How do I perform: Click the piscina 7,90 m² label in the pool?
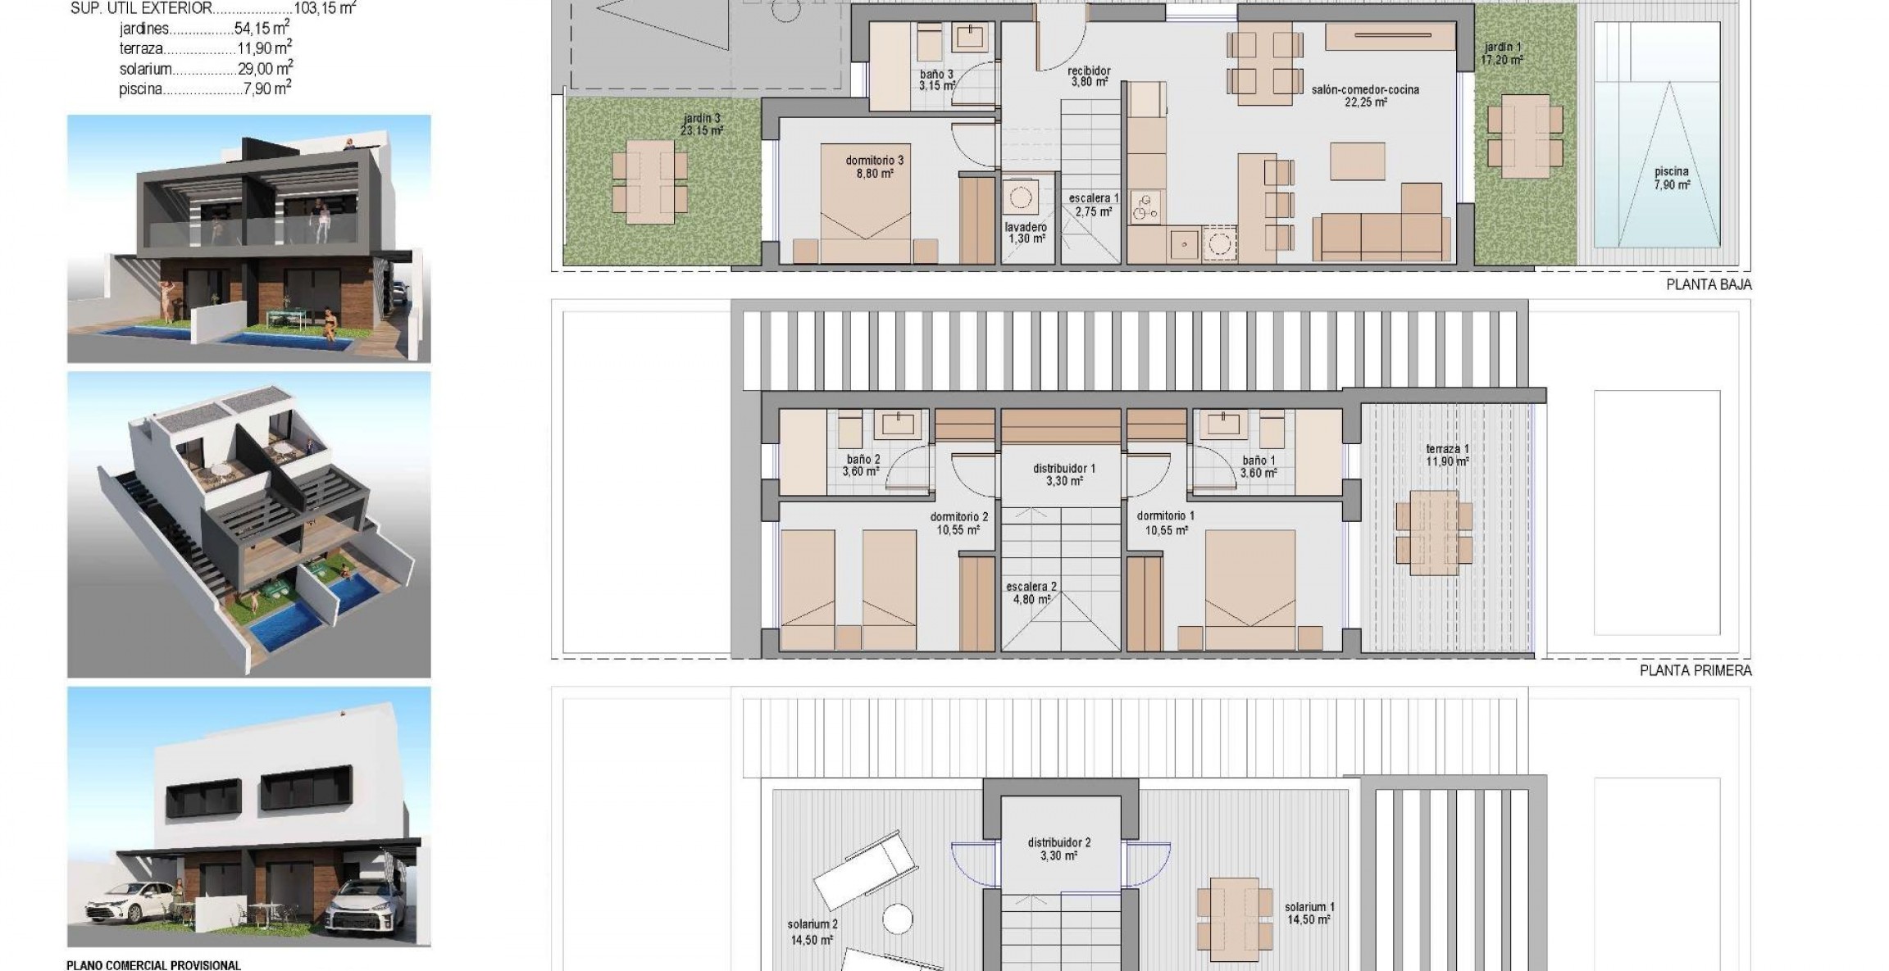click(1672, 179)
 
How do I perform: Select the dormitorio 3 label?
click(870, 167)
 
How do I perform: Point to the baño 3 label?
click(936, 79)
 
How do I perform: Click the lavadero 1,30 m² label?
click(1026, 233)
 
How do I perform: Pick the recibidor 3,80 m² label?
click(1090, 76)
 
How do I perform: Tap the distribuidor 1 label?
click(1064, 474)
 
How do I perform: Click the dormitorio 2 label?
click(959, 523)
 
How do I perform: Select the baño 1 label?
click(1259, 466)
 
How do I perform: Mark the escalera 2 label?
click(1032, 592)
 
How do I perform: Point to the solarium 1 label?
click(1309, 913)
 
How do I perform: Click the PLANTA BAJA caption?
click(1709, 285)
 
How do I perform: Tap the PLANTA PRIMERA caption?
click(1696, 670)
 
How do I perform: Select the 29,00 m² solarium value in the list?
click(266, 69)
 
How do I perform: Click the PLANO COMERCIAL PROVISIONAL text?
click(153, 965)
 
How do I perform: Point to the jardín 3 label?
click(701, 124)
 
